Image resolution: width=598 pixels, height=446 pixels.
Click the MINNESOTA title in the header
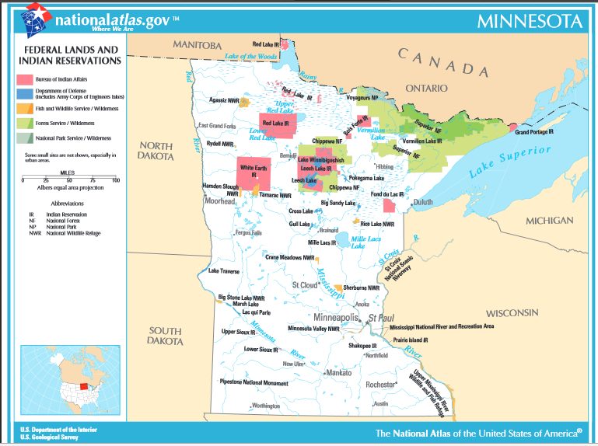click(x=529, y=20)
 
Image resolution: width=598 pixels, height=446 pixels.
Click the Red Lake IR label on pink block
click(x=275, y=124)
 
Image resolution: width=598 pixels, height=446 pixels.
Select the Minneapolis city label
click(x=336, y=318)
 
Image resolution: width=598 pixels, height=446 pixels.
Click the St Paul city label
click(x=382, y=318)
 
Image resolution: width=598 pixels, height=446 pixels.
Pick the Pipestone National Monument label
click(x=254, y=382)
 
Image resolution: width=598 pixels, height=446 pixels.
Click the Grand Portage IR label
click(x=534, y=132)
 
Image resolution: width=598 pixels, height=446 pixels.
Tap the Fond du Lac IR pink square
click(x=389, y=205)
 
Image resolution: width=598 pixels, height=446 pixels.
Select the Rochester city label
click(x=381, y=384)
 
